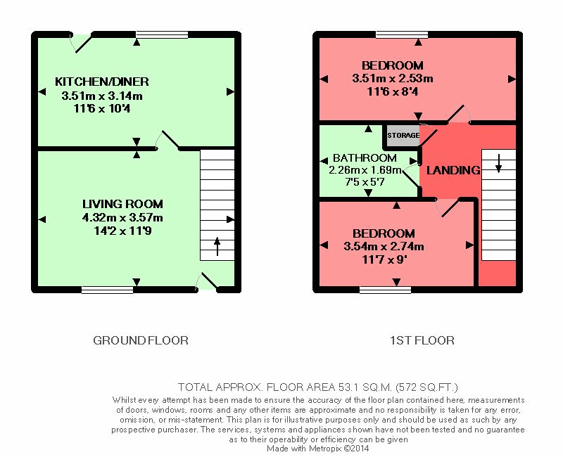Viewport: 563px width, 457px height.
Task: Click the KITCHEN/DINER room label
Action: pos(102,82)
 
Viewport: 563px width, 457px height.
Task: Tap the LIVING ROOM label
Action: pos(122,204)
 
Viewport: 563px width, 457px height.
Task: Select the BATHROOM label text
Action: pos(365,157)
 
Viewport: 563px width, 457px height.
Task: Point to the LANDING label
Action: pos(453,170)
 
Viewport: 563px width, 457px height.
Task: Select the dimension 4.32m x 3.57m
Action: pos(122,218)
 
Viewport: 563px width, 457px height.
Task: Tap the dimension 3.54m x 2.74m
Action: pos(384,247)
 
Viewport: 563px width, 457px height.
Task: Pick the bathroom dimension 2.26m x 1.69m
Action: pos(365,170)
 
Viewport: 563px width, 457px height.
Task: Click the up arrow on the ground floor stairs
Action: pos(217,246)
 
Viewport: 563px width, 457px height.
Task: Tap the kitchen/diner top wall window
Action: pos(162,34)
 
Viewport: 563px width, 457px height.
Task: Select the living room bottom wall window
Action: pos(107,289)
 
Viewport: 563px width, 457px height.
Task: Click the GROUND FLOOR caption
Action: pos(141,340)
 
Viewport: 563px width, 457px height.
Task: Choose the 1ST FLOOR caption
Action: pos(422,340)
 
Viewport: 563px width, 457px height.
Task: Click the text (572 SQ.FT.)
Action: pos(426,387)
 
